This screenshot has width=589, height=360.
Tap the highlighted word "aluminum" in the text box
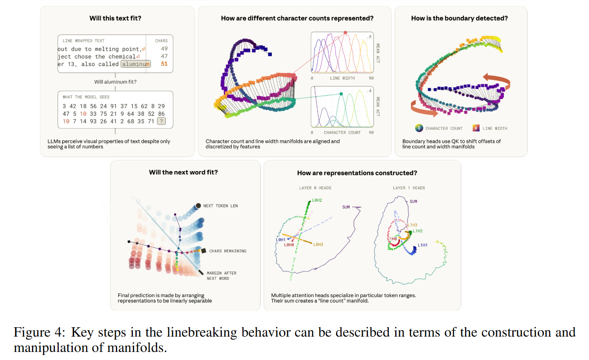(x=135, y=64)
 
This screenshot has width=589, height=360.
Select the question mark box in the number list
(x=161, y=121)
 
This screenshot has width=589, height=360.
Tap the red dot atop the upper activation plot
(x=345, y=32)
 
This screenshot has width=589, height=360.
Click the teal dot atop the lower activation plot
(x=342, y=94)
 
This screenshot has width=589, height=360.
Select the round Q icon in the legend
(x=418, y=128)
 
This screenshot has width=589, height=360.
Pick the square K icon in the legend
(x=475, y=128)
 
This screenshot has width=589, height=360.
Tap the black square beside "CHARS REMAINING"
(x=204, y=251)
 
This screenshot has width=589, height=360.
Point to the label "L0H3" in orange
(x=319, y=244)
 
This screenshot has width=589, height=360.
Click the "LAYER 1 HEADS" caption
(x=409, y=188)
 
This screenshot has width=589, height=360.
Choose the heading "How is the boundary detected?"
(x=459, y=18)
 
